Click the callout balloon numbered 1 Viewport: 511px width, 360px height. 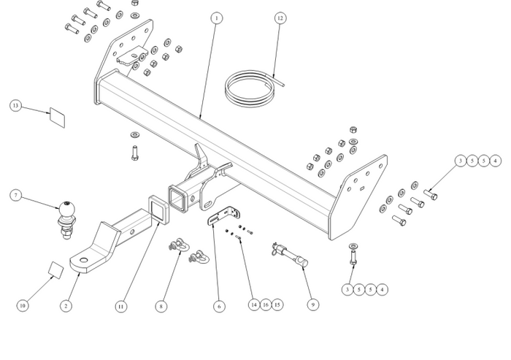pos(216,17)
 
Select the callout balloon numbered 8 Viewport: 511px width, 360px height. pos(161,306)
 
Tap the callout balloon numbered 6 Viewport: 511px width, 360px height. pos(218,306)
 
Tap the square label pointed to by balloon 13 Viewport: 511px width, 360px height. pos(57,117)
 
